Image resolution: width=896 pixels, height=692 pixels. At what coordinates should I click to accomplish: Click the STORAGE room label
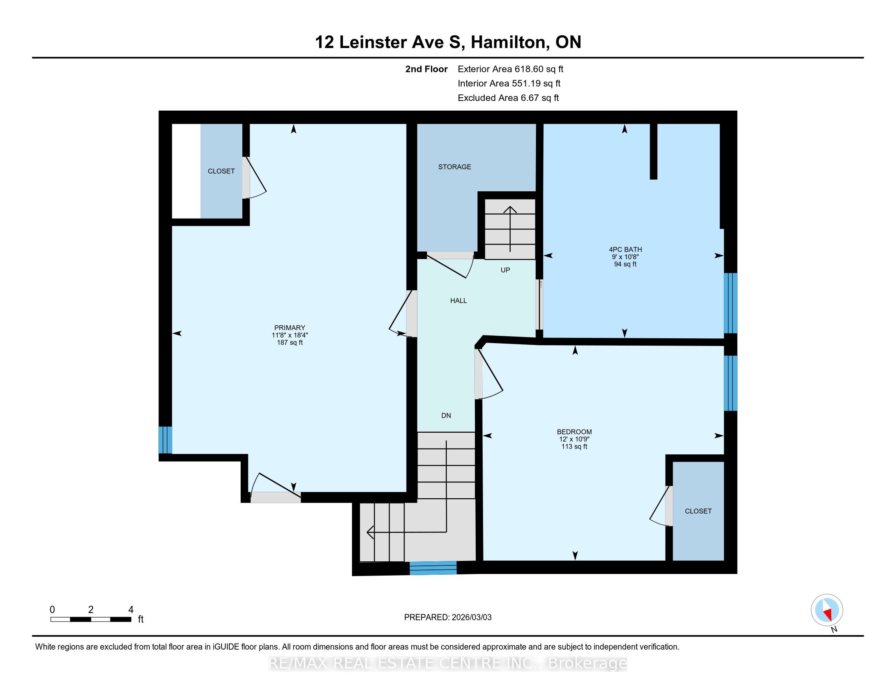[455, 167]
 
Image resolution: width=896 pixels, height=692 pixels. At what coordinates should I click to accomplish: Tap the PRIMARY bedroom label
[290, 328]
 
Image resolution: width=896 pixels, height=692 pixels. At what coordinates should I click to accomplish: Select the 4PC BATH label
[625, 249]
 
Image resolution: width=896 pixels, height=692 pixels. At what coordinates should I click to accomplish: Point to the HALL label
[459, 300]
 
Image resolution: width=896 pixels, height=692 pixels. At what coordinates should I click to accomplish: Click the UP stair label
[505, 270]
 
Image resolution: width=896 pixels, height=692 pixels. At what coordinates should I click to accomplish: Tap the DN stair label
[446, 415]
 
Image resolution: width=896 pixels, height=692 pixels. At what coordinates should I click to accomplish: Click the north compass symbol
[827, 610]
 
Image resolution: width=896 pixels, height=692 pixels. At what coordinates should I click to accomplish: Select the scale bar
[91, 619]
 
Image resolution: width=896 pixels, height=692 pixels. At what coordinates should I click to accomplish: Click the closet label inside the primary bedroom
[221, 171]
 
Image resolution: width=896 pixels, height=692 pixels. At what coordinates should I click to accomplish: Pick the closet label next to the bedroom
[698, 511]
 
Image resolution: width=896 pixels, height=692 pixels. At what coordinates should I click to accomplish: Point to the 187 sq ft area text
[290, 342]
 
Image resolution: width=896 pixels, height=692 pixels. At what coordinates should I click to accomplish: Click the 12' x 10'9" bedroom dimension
[574, 439]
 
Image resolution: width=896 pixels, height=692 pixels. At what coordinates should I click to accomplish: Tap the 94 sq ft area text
[625, 264]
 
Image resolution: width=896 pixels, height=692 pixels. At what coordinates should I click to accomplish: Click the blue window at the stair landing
[433, 568]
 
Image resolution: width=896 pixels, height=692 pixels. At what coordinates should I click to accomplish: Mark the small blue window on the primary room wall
[165, 440]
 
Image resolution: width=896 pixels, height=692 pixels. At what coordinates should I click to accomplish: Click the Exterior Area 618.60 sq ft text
[510, 69]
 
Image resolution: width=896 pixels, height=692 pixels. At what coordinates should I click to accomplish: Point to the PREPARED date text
[448, 617]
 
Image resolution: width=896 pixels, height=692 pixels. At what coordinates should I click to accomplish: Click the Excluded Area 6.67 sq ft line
[508, 98]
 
